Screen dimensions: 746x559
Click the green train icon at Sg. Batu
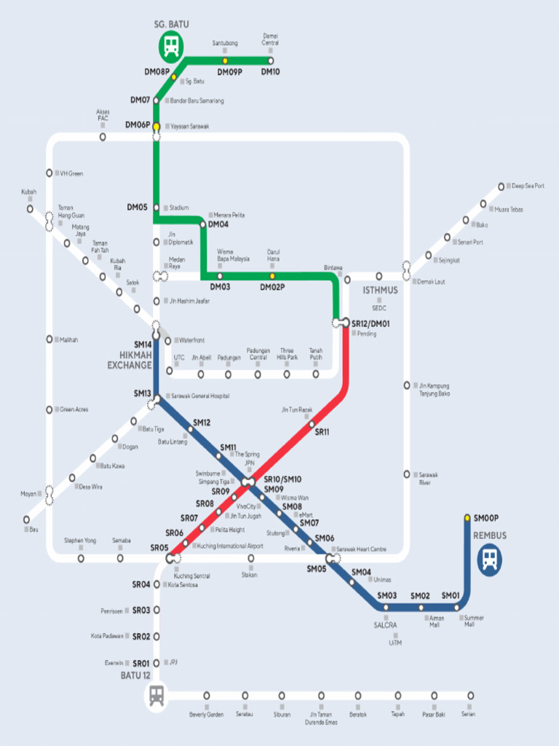(172, 47)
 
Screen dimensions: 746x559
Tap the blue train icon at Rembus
(490, 559)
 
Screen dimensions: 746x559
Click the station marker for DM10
(271, 60)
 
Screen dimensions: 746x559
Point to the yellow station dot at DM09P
(225, 60)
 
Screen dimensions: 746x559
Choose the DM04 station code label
(218, 225)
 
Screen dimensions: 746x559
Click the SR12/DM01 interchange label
(370, 323)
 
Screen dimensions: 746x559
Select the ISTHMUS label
(380, 290)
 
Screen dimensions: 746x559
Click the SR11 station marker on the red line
(312, 424)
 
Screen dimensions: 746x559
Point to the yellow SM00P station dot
(467, 518)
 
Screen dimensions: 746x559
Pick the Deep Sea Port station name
(528, 186)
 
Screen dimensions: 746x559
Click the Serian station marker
(471, 695)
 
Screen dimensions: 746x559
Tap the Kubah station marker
(30, 208)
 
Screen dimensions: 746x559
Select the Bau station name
(33, 529)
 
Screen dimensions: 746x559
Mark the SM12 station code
(202, 423)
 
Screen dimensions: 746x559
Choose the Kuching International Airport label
(230, 546)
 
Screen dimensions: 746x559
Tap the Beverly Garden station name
(207, 715)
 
